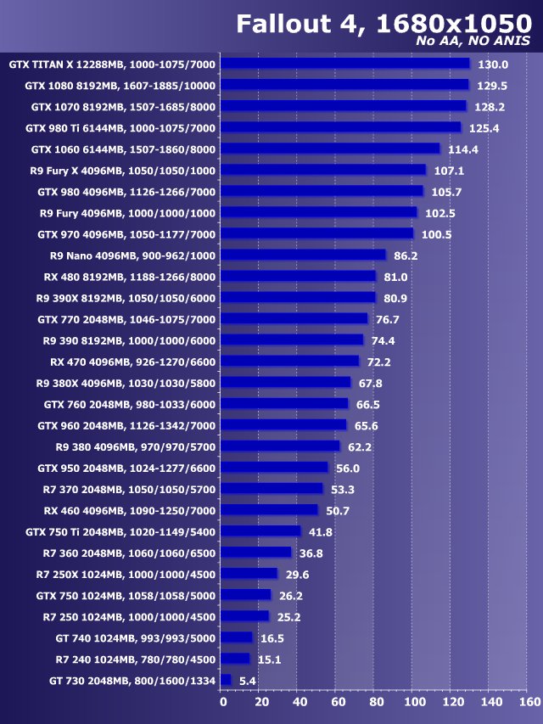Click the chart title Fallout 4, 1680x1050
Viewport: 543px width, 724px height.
click(x=383, y=23)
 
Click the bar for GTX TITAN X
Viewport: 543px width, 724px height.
click(x=345, y=64)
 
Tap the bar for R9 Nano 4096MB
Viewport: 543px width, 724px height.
click(x=304, y=255)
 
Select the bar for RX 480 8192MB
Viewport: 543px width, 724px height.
click(x=299, y=276)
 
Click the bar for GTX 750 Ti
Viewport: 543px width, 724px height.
click(x=261, y=531)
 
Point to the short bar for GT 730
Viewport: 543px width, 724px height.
click(x=226, y=680)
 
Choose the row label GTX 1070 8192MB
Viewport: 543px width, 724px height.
click(x=123, y=107)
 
